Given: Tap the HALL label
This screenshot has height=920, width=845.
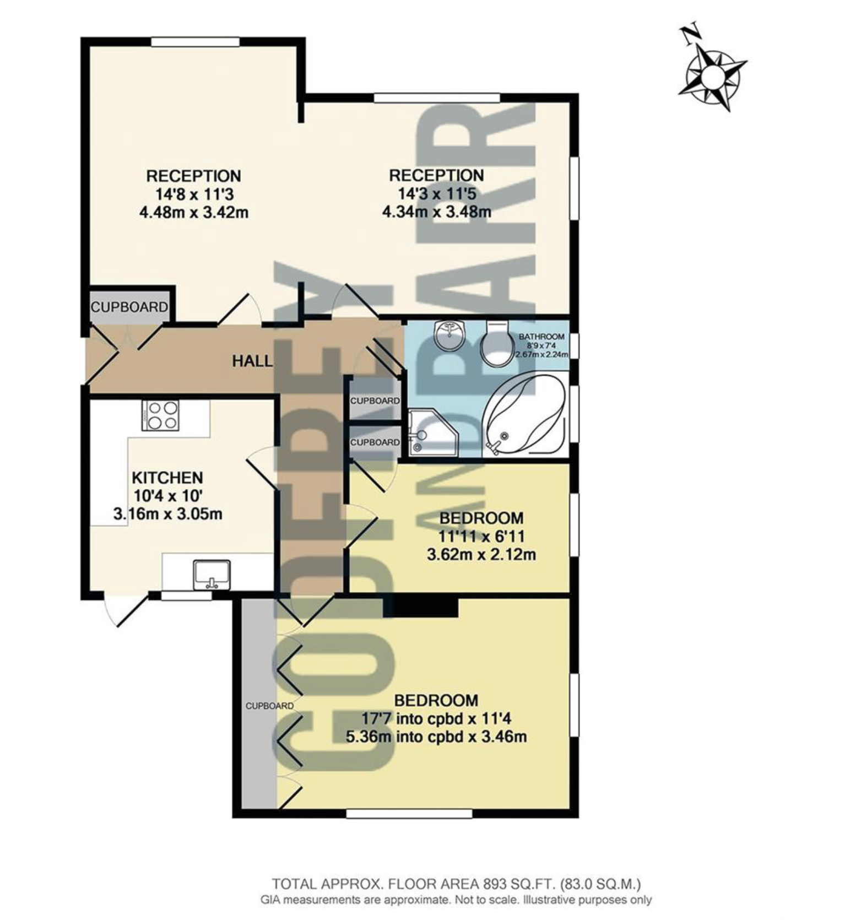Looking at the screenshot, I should (252, 361).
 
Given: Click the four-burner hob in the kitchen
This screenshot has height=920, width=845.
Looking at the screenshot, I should (160, 415).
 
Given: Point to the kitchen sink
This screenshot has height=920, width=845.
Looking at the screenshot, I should (212, 574).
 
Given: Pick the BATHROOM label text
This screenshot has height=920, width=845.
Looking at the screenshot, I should (541, 337).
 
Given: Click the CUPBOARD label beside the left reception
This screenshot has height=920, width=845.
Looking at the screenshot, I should (129, 307).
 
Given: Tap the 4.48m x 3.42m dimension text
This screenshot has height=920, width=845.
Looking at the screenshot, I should (194, 212).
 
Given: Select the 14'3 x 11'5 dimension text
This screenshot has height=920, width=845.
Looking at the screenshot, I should (437, 193).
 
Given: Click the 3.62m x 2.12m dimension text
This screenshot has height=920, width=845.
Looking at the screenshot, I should (481, 554).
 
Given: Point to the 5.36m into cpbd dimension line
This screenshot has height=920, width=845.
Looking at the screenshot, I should (436, 737).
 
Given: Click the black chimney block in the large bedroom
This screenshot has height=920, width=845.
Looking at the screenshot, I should (421, 606).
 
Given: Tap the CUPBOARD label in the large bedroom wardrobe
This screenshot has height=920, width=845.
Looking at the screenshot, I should (269, 706).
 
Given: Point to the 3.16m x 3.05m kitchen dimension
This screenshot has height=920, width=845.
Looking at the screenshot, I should (167, 514).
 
